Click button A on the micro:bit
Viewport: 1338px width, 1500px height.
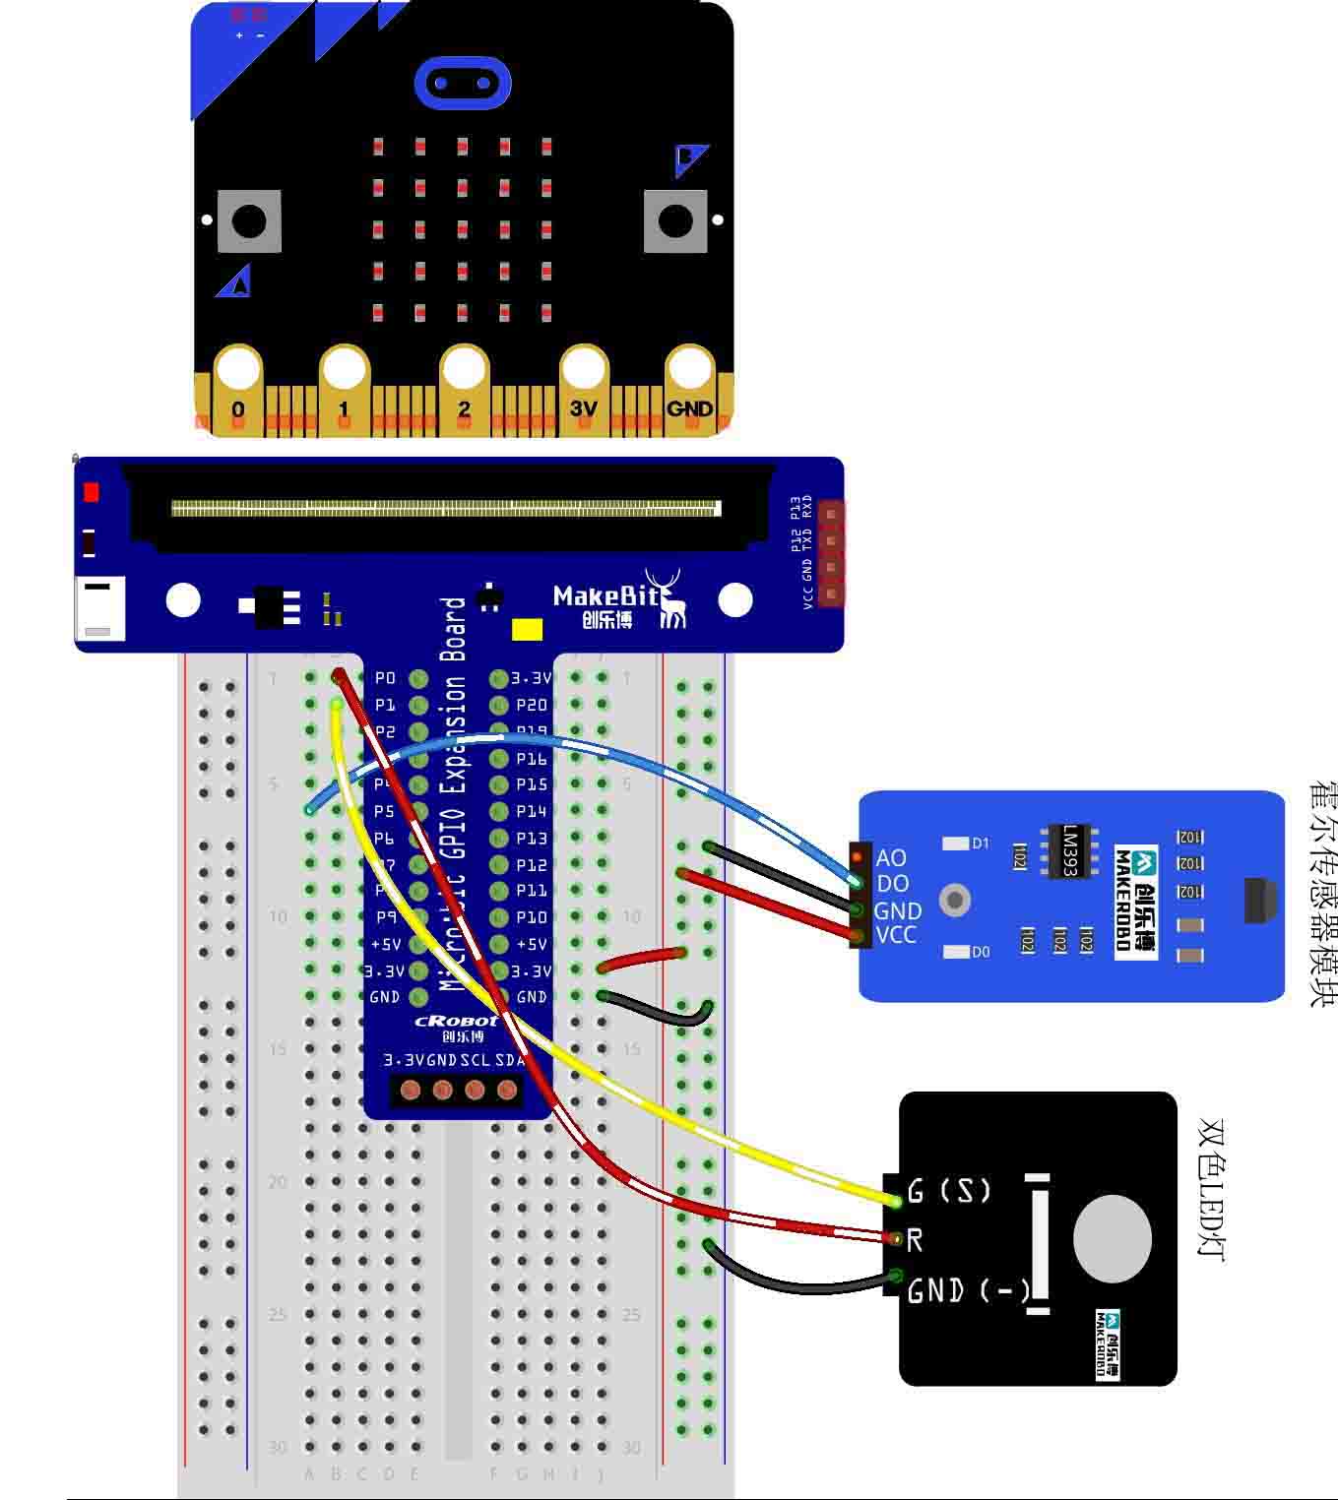tap(249, 220)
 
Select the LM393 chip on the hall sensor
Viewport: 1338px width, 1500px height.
tap(1070, 850)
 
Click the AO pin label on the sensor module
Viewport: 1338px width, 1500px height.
tap(891, 858)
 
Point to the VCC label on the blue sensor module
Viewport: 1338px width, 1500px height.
tap(896, 935)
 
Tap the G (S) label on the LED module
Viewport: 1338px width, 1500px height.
tap(949, 1191)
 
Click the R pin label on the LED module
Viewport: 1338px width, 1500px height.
tap(915, 1240)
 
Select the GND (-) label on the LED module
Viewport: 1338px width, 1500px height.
tap(968, 1290)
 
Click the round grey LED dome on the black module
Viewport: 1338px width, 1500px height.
tap(1112, 1239)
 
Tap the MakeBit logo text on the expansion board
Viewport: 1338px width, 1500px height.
tap(605, 595)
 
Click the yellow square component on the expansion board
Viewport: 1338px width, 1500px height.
tap(528, 629)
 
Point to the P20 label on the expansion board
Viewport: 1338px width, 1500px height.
tap(532, 705)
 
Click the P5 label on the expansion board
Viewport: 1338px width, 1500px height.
tap(384, 812)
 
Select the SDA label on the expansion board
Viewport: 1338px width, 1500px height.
tap(509, 1060)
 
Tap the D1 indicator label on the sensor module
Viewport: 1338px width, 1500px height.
tap(981, 844)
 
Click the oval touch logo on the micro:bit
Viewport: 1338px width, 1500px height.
tap(463, 83)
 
